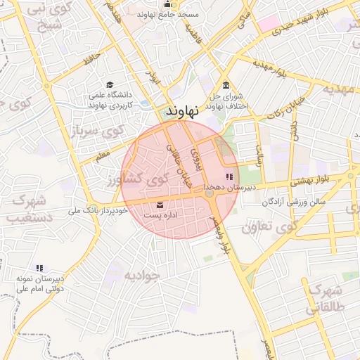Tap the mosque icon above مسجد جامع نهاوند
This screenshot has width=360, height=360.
coord(167,4)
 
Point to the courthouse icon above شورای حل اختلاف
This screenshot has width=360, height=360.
coord(224,85)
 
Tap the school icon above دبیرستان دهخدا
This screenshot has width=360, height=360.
coord(229,176)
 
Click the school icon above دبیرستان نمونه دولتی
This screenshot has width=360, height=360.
coord(40,268)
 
